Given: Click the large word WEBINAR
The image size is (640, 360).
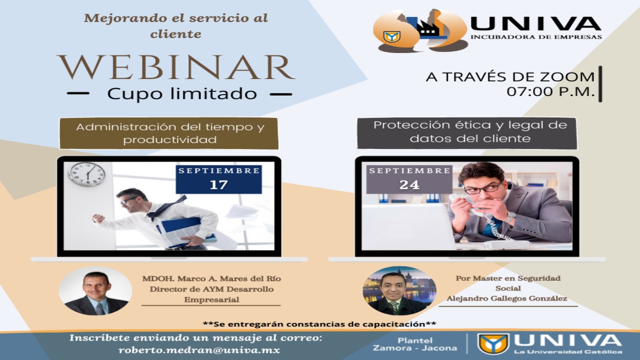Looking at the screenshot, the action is click(x=176, y=67).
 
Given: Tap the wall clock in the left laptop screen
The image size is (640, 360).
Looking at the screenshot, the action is click(x=86, y=174).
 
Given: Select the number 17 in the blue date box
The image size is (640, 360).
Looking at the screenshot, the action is click(x=219, y=185).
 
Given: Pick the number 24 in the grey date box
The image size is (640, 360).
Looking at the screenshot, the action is click(x=409, y=185).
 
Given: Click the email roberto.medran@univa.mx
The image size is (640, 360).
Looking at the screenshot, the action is click(x=199, y=350).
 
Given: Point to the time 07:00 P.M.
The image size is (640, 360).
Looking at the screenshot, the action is click(x=550, y=91).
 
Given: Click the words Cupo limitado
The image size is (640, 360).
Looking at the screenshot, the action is click(x=182, y=93).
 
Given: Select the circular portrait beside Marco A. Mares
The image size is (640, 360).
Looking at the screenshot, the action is click(x=95, y=291).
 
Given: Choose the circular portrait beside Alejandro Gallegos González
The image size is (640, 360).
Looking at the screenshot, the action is click(x=399, y=291).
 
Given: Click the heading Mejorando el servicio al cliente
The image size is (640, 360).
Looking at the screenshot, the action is click(x=176, y=26).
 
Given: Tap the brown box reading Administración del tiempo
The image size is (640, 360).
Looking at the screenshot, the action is click(x=169, y=133).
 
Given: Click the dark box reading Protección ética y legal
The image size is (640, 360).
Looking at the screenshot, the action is click(x=467, y=133).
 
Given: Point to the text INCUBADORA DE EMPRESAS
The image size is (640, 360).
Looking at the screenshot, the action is click(x=536, y=37).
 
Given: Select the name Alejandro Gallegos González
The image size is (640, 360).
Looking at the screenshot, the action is click(x=507, y=298).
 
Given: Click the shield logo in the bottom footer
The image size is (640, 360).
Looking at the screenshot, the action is click(x=493, y=343).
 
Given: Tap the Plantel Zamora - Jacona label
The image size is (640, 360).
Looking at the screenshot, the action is click(x=415, y=344).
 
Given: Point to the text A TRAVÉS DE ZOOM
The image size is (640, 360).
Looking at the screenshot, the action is click(x=510, y=77).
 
